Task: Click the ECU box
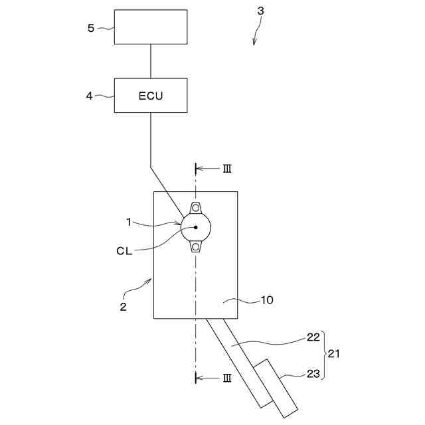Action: tap(151, 96)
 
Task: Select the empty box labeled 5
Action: tap(151, 27)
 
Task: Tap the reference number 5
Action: tap(92, 28)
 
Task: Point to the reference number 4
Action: tap(90, 96)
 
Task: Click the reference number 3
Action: tap(261, 11)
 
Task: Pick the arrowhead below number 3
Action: tap(254, 42)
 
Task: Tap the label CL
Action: tap(124, 251)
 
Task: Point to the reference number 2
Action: tap(122, 307)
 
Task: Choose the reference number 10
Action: tap(266, 300)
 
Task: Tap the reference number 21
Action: tap(334, 354)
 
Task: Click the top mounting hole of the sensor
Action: tap(196, 208)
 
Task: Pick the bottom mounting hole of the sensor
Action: tap(196, 248)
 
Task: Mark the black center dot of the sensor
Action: tap(196, 227)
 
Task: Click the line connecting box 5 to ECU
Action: tap(151, 61)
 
